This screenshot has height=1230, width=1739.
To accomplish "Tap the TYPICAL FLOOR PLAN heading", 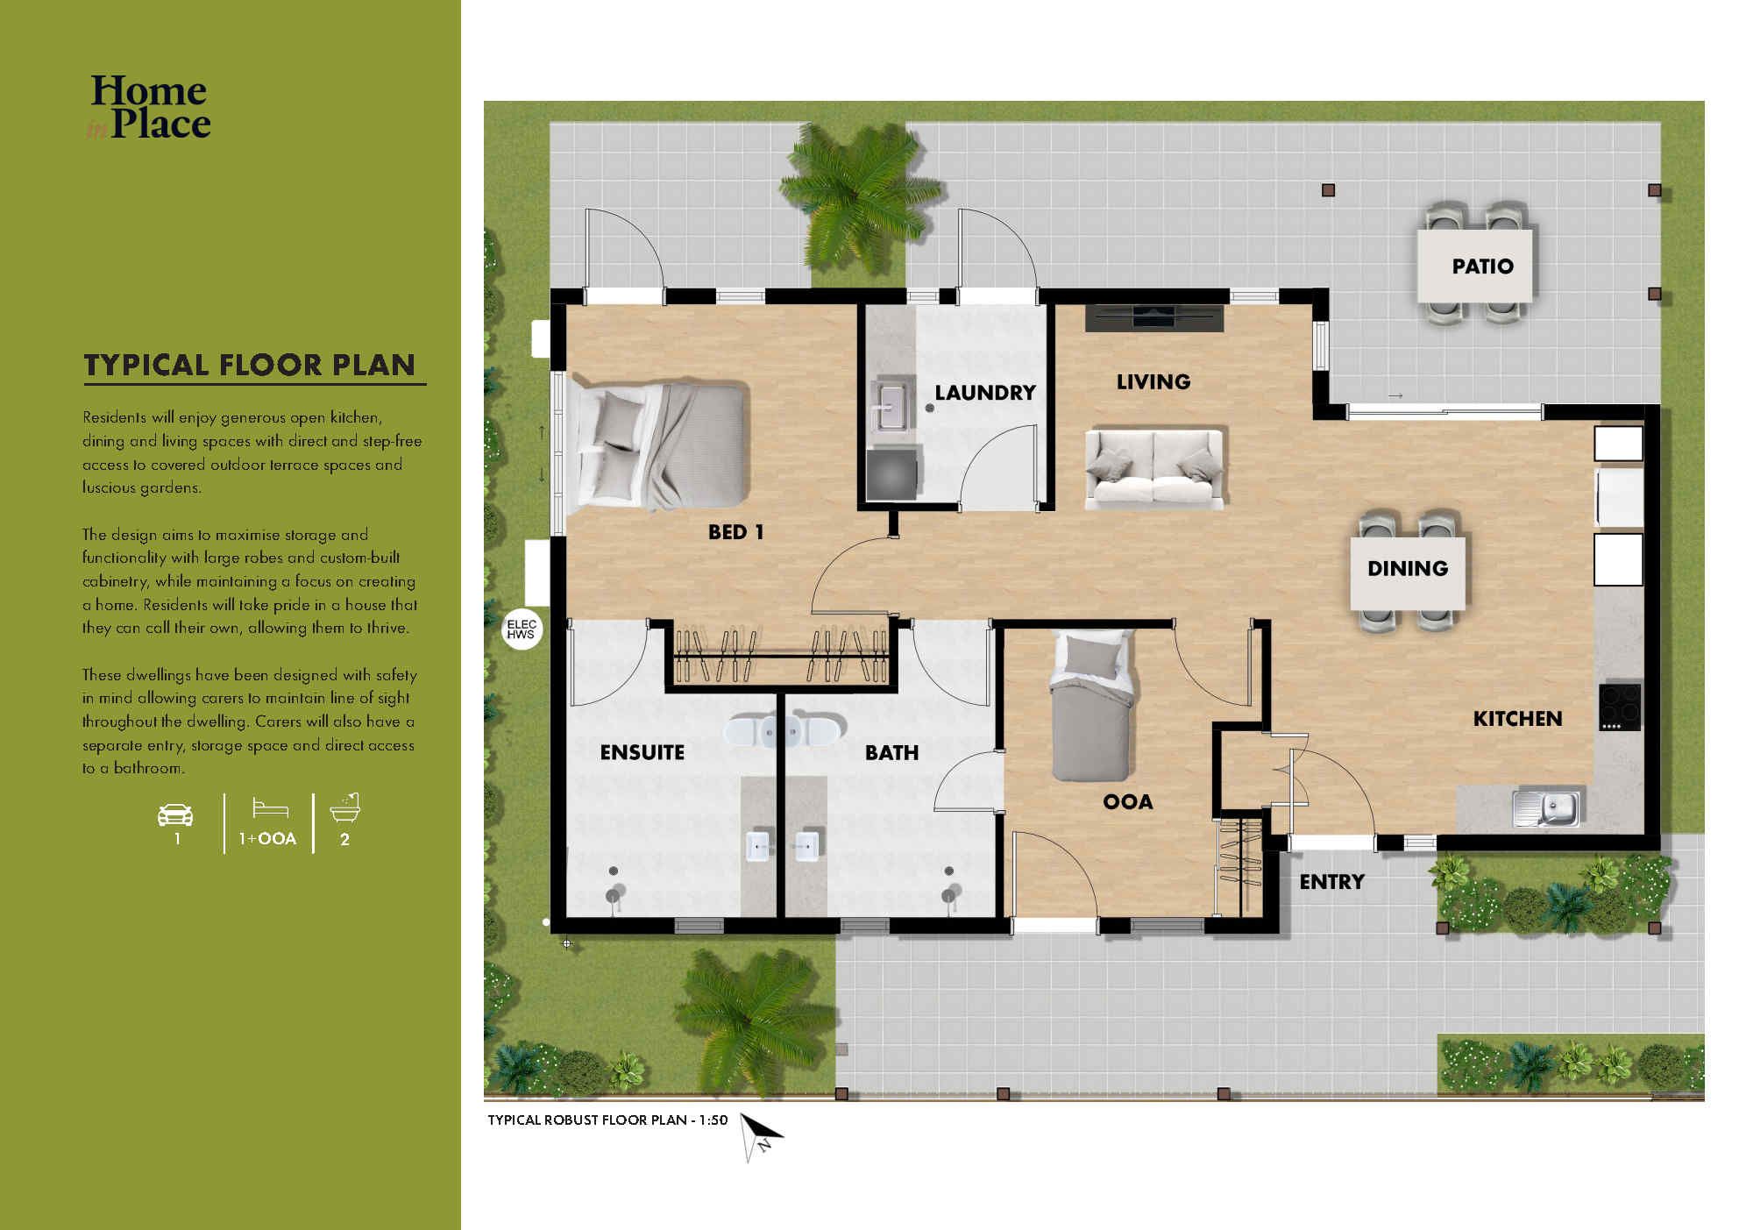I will tap(250, 365).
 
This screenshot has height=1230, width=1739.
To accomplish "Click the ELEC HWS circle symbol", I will tap(522, 629).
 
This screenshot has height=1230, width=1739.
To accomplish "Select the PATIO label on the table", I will tap(1482, 267).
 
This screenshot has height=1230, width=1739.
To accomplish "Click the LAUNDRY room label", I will tap(984, 393).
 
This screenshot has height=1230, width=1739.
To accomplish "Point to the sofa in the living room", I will tap(1154, 468).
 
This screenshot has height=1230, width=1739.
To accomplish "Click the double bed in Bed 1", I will tap(659, 447).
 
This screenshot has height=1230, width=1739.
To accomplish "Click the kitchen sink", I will tap(1545, 807).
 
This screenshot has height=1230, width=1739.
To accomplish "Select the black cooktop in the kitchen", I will tap(1620, 707).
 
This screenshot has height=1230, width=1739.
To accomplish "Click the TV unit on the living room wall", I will tap(1153, 317).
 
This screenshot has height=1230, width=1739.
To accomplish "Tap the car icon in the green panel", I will tap(175, 814).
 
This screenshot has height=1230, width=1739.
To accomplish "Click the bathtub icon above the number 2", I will tap(345, 807).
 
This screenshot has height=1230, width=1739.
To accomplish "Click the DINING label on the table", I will tap(1407, 568).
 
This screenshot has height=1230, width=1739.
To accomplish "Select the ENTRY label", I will tap(1331, 882).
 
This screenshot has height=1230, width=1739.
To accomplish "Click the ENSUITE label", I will tap(642, 752).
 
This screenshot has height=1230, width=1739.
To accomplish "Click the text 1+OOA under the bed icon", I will tap(267, 839).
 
